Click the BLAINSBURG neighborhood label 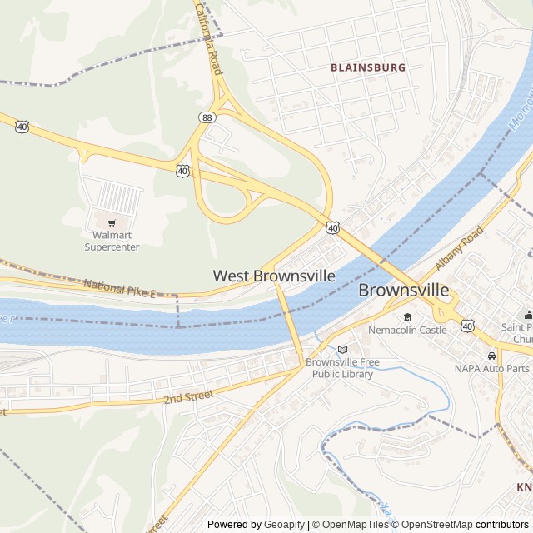[x=367, y=67]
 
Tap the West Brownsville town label [x=274, y=276]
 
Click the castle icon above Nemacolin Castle [x=407, y=316]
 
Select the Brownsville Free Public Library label [x=343, y=368]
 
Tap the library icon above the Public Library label [x=342, y=350]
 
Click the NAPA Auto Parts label [x=491, y=368]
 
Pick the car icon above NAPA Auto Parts [x=491, y=356]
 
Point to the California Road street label [x=208, y=37]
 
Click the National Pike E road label [x=119, y=289]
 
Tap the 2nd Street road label [x=188, y=397]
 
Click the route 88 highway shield [x=207, y=118]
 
